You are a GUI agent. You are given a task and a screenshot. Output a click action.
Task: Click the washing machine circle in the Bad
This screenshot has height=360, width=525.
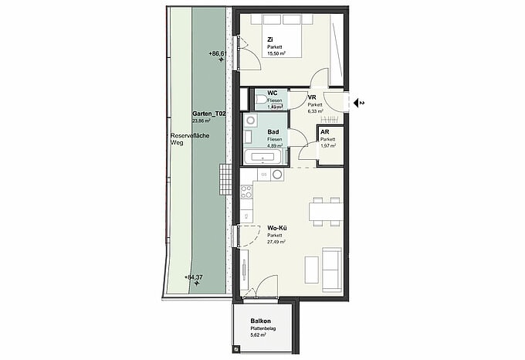coord(250,122)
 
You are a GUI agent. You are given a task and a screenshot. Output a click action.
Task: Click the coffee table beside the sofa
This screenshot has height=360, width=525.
coord(312,267)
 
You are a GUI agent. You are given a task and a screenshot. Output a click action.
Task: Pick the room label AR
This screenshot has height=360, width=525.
coord(325,132)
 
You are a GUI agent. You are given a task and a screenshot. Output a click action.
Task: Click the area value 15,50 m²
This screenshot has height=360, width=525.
coord(276,54)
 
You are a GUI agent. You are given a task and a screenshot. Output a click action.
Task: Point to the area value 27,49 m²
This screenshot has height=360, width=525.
coord(276,242)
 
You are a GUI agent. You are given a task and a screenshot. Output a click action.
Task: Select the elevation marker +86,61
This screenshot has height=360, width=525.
coord(217,53)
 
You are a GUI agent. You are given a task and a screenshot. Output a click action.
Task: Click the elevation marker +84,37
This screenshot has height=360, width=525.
coord(194,277)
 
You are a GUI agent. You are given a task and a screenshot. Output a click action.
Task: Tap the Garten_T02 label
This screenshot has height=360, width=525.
coord(209,114)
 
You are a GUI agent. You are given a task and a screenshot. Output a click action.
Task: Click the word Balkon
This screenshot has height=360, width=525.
coord(260,321)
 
